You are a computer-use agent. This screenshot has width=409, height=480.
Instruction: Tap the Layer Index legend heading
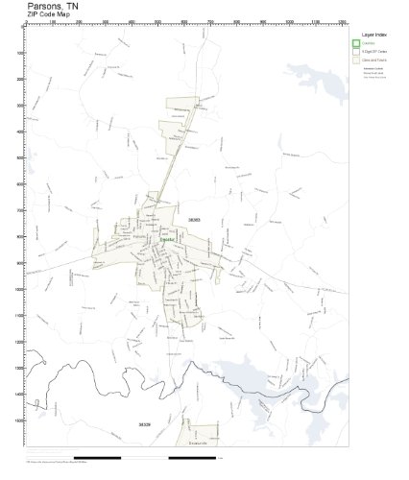(374, 32)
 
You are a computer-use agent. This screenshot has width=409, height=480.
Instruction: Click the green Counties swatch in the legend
(356, 44)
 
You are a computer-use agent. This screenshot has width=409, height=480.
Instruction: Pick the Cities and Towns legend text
(374, 60)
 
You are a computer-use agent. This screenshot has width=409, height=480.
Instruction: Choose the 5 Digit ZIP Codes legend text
(374, 52)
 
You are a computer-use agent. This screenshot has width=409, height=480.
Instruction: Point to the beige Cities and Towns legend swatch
(356, 60)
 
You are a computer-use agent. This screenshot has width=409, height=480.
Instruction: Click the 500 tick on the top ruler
(157, 20)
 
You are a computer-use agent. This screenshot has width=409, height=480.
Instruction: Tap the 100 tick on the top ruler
(52, 20)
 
